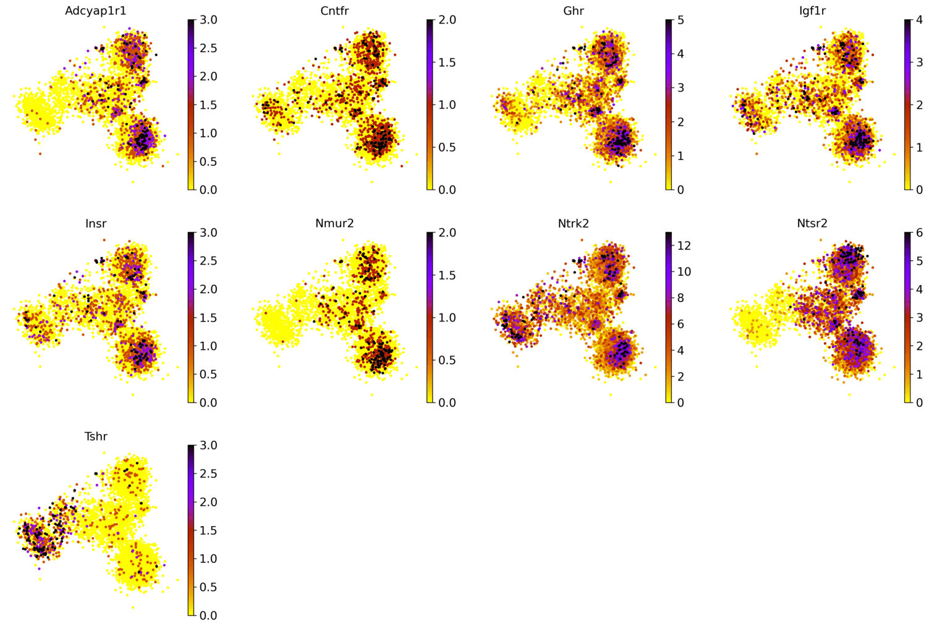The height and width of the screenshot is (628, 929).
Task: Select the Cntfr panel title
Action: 334,11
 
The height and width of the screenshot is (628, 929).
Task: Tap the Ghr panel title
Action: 573,11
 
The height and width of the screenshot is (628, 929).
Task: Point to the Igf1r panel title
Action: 812,11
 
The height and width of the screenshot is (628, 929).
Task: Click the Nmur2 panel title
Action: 334,223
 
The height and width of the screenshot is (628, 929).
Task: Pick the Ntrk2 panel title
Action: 573,223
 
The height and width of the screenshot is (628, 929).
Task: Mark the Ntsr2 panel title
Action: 812,223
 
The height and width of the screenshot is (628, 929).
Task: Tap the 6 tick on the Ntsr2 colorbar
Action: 920,233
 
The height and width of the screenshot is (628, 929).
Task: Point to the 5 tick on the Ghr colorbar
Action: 681,20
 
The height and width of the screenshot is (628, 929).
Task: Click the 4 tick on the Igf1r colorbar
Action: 920,20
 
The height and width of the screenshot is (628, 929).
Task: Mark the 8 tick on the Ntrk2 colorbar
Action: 681,298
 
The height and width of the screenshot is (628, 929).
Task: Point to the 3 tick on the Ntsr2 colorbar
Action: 920,318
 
